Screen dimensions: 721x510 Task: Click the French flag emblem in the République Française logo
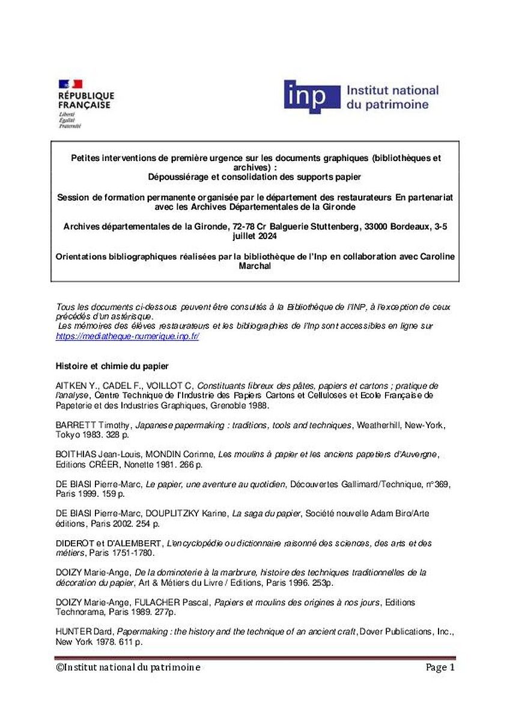click(70, 84)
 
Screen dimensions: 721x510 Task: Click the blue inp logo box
click(308, 97)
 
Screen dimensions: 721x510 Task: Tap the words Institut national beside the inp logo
click(392, 90)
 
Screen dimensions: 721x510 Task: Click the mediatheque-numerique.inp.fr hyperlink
click(127, 336)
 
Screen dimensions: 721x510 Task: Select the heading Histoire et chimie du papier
click(113, 365)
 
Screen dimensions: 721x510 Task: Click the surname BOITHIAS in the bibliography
click(76, 454)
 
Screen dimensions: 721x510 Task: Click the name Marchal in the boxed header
click(255, 267)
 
